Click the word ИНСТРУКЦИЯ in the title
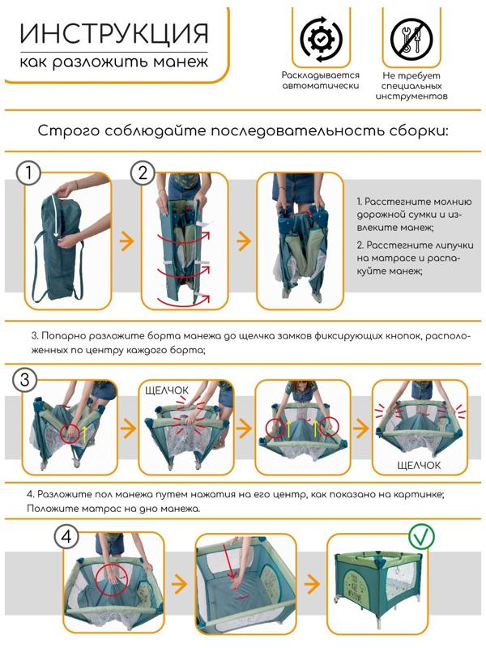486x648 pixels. click(113, 33)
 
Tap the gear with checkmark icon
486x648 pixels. click(321, 38)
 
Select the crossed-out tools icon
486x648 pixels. click(411, 38)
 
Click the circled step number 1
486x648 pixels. click(28, 173)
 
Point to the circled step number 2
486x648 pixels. click(143, 173)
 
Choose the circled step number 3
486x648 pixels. click(25, 379)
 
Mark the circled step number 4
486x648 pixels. click(66, 536)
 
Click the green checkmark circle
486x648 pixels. click(421, 536)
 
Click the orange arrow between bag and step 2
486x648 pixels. click(127, 241)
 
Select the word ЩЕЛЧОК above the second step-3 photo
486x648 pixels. click(167, 390)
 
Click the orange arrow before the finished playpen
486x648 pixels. click(312, 584)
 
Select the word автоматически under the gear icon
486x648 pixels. click(320, 86)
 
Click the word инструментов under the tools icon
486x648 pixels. click(411, 96)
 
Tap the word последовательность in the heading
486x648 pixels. click(297, 130)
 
